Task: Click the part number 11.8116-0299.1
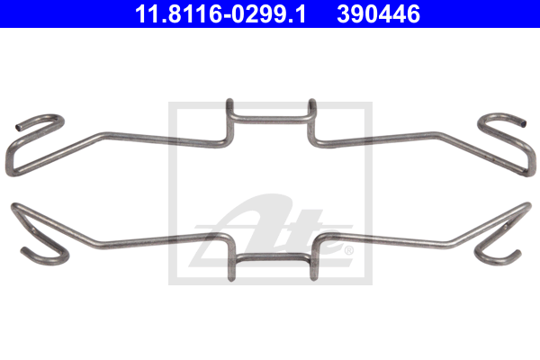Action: pyautogui.click(x=220, y=14)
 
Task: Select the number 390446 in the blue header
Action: pyautogui.click(x=379, y=14)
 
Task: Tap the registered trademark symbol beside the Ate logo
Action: pyautogui.click(x=348, y=250)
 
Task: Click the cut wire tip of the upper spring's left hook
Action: pyautogui.click(x=18, y=128)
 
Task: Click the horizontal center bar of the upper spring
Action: pyautogui.click(x=271, y=119)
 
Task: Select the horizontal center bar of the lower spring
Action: pyautogui.click(x=272, y=257)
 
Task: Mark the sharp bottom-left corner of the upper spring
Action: pyautogui.click(x=10, y=172)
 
